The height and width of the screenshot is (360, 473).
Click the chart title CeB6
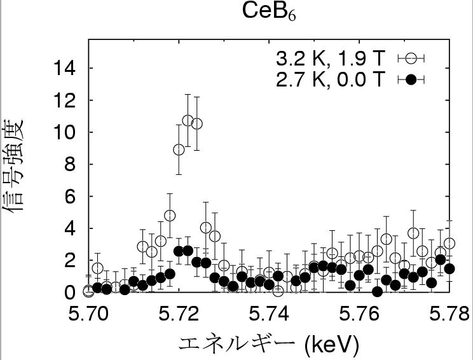(x=270, y=11)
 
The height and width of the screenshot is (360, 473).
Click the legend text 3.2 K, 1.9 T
(x=330, y=59)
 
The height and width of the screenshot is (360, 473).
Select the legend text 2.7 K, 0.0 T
(x=330, y=80)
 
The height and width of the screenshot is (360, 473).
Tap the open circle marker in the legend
(x=411, y=59)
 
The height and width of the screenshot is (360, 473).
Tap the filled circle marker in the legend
(x=411, y=80)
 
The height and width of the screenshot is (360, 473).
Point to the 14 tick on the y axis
(x=67, y=68)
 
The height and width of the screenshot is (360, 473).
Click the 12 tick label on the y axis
(x=67, y=100)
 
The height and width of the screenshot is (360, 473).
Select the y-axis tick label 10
(x=67, y=132)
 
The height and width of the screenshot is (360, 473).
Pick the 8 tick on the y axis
(x=71, y=165)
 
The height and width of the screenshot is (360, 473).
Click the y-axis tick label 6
(x=71, y=197)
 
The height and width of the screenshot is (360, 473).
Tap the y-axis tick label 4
(x=71, y=229)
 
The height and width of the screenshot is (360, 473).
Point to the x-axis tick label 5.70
(x=88, y=315)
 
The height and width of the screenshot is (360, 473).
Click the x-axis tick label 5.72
(x=179, y=315)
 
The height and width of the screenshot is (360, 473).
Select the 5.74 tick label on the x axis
(x=270, y=315)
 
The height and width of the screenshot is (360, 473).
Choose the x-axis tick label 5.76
(x=360, y=315)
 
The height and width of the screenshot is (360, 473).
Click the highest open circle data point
(x=188, y=120)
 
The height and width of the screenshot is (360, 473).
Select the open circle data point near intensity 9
(x=179, y=149)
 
